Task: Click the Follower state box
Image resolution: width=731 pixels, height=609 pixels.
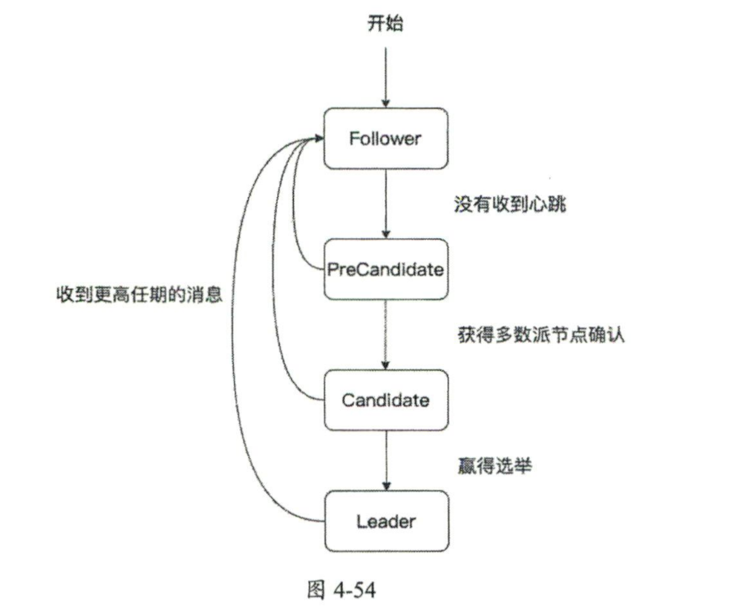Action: pyautogui.click(x=386, y=138)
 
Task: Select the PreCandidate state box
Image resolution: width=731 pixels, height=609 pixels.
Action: pyautogui.click(x=386, y=269)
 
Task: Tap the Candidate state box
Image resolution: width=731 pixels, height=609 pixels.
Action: pyautogui.click(x=386, y=400)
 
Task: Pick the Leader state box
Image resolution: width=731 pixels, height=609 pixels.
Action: pyautogui.click(x=386, y=521)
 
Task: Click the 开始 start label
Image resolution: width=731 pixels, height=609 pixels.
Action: pyautogui.click(x=385, y=23)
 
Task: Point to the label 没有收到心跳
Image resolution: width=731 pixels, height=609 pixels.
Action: pyautogui.click(x=509, y=204)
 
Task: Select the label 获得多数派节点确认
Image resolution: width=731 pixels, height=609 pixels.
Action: pyautogui.click(x=541, y=335)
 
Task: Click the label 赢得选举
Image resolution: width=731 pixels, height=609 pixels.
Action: pyautogui.click(x=494, y=466)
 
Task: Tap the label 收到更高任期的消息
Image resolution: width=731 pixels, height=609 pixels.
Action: pyautogui.click(x=139, y=294)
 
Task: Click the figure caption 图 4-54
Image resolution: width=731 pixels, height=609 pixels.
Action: pyautogui.click(x=341, y=589)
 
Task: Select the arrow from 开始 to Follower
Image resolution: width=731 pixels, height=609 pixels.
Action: pyautogui.click(x=386, y=74)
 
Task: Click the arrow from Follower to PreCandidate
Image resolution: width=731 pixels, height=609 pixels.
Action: pyautogui.click(x=386, y=201)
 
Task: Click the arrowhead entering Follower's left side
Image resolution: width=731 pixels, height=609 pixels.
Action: pyautogui.click(x=319, y=138)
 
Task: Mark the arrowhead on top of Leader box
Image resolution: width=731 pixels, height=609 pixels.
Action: pyautogui.click(x=386, y=486)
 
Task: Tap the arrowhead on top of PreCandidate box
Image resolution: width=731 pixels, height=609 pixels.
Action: pyautogui.click(x=386, y=234)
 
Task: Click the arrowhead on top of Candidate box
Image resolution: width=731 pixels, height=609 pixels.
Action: pyautogui.click(x=386, y=365)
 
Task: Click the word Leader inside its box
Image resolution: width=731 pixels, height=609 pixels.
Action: pyautogui.click(x=386, y=522)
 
